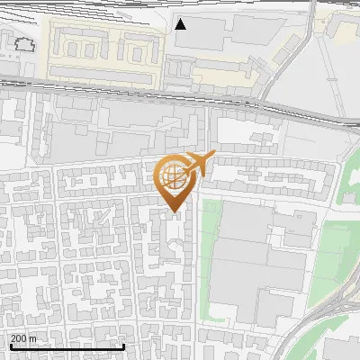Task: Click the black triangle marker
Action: (x=181, y=24)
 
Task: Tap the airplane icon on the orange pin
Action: (x=199, y=163)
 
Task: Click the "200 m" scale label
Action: (x=23, y=338)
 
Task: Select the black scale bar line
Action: (x=67, y=346)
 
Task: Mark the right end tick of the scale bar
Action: (x=123, y=346)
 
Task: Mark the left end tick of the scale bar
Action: (x=10, y=346)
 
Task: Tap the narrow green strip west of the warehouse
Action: (x=209, y=261)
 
